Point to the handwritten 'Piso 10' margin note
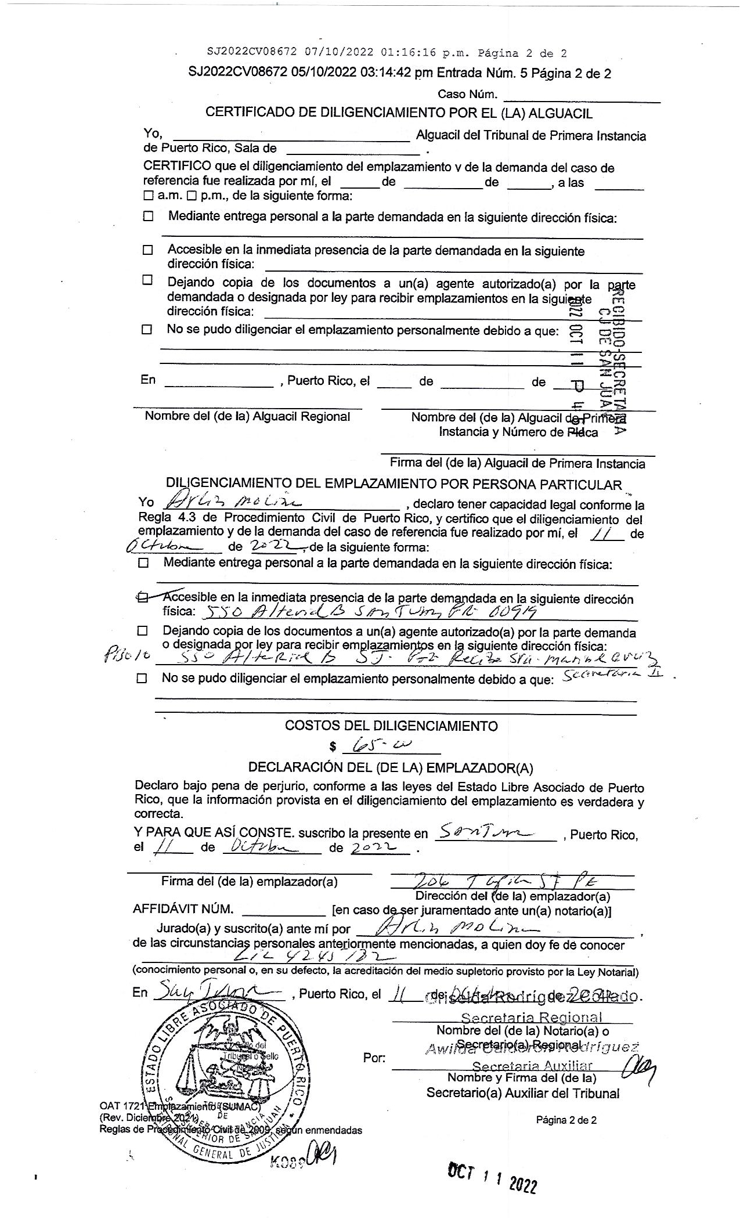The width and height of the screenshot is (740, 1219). (127, 655)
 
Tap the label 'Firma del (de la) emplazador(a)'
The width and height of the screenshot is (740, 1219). (249, 881)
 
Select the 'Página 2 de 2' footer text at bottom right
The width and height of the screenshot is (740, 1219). (566, 1120)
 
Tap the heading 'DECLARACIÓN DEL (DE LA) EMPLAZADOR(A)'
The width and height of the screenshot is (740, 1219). (390, 767)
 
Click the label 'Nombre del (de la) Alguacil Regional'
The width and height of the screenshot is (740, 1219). (247, 416)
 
